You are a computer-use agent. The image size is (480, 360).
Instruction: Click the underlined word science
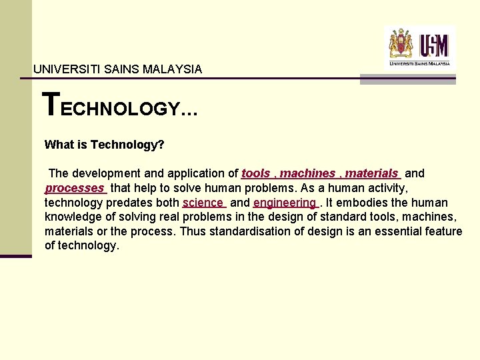pyautogui.click(x=203, y=203)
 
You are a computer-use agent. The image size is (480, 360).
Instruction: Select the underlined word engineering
pyautogui.click(x=285, y=203)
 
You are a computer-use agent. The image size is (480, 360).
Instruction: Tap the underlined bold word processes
pyautogui.click(x=75, y=188)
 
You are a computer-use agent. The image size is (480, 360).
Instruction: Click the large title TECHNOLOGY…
pyautogui.click(x=120, y=105)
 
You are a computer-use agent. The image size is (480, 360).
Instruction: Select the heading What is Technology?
pyautogui.click(x=104, y=144)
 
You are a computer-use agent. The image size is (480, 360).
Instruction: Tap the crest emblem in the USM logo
pyautogui.click(x=401, y=44)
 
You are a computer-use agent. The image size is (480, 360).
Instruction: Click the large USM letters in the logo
pyautogui.click(x=434, y=45)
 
